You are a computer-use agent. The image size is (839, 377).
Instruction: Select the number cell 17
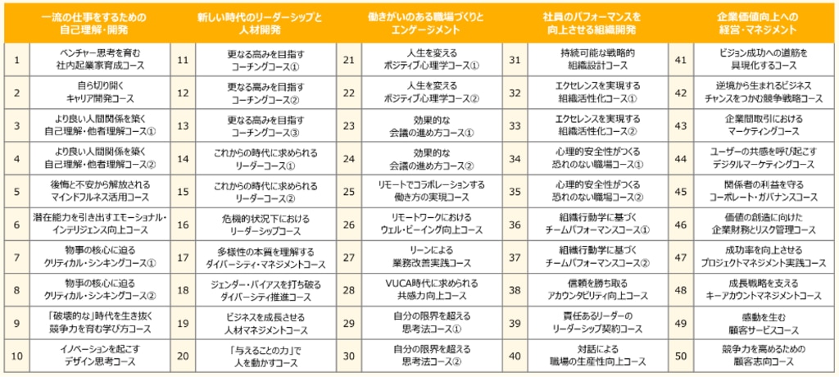183,257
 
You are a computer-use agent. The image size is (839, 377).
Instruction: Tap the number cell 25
350,191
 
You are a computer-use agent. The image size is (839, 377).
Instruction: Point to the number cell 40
515,356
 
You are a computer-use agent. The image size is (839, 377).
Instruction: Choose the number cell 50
680,356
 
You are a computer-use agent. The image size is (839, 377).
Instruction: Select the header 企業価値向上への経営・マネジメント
751,23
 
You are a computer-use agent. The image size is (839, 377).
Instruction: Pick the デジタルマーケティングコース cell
762,158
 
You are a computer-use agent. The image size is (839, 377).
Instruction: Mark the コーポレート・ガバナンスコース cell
762,191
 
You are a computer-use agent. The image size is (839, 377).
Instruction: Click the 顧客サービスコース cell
762,323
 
